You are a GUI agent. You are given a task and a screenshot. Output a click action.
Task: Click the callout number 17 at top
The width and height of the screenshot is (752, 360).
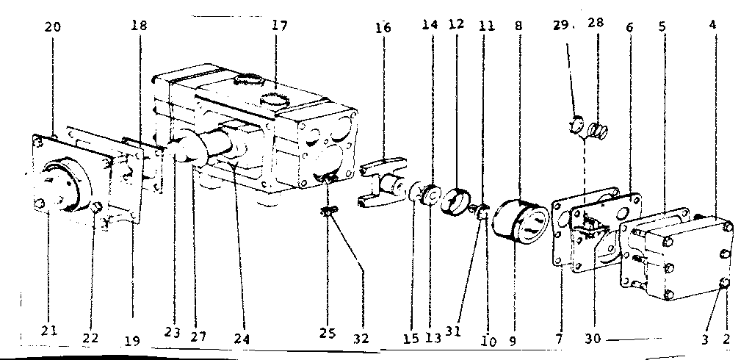(x=279, y=26)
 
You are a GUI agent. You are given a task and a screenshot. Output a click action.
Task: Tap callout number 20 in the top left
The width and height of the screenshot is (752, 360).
(x=53, y=27)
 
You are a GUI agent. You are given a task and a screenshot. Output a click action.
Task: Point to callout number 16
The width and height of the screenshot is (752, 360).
(x=383, y=28)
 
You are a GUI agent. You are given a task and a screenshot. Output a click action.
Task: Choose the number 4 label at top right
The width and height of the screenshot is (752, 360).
(x=712, y=24)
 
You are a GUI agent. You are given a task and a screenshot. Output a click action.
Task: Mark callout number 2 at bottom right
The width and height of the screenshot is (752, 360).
(x=726, y=339)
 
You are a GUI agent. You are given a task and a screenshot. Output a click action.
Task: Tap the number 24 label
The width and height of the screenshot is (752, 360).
(x=242, y=339)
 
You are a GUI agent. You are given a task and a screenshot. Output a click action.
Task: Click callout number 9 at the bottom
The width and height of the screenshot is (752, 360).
(x=513, y=340)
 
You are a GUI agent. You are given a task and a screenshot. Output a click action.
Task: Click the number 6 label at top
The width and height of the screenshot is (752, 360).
(x=629, y=26)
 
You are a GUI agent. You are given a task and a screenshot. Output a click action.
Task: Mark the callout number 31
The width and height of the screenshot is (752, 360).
(x=453, y=331)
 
